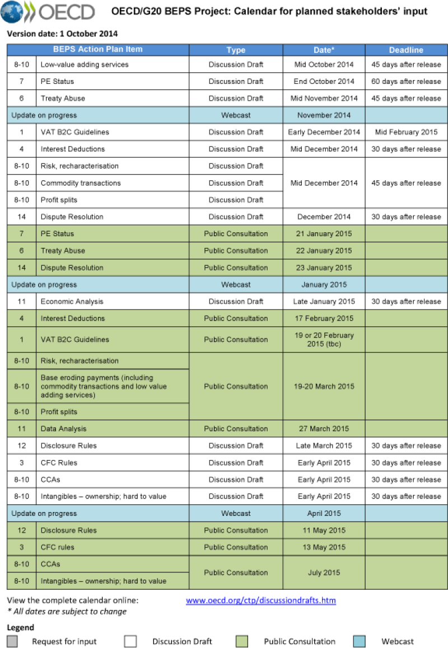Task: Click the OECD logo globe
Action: (x=12, y=12)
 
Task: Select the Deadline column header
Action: (x=406, y=50)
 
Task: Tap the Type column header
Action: (x=236, y=50)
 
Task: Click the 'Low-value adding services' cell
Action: (x=85, y=64)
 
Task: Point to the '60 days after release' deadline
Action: (x=406, y=81)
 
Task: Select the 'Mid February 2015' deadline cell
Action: (x=406, y=132)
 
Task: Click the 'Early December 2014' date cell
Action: (x=324, y=132)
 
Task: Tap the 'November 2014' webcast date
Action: (x=324, y=115)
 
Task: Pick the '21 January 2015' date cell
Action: (x=324, y=233)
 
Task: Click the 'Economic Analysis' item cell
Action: (x=72, y=301)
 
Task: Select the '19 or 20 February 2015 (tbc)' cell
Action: (x=324, y=339)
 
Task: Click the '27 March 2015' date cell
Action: (x=324, y=429)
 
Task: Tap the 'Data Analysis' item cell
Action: (x=64, y=429)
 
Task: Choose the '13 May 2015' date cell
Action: (x=324, y=547)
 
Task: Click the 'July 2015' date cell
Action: (x=324, y=572)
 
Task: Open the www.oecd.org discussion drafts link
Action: (x=260, y=600)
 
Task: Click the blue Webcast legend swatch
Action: (x=360, y=641)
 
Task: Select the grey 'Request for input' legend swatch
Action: (x=12, y=641)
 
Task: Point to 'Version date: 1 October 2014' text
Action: (x=62, y=34)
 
